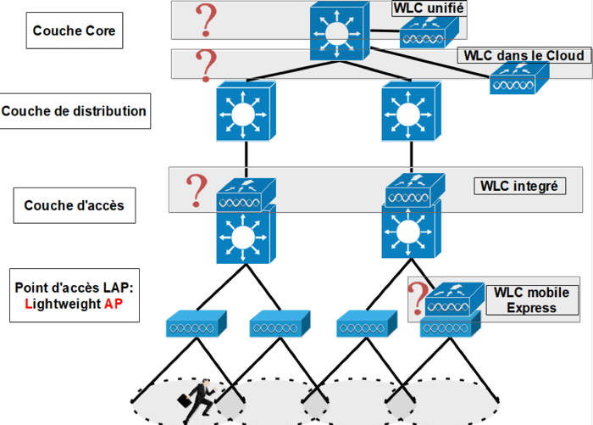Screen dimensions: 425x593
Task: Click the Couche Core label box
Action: pos(74,31)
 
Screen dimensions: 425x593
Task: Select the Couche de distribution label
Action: pos(75,111)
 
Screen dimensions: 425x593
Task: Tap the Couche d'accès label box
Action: pos(75,204)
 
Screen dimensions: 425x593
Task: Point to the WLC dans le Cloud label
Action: pos(524,56)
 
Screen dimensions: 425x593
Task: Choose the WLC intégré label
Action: pos(518,186)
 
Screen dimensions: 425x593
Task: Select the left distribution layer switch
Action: pos(247,112)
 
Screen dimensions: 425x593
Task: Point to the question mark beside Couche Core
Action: pos(204,20)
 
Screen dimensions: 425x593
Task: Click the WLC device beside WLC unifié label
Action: pos(430,36)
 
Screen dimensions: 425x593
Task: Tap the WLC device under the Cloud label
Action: pos(518,82)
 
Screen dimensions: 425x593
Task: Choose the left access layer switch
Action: pos(247,234)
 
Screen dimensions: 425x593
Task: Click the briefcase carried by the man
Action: pos(183,399)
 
